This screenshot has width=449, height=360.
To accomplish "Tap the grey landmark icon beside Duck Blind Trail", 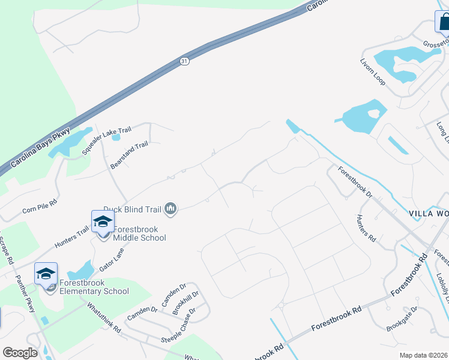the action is click(171, 209).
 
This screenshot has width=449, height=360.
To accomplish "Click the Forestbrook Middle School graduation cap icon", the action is click(103, 222).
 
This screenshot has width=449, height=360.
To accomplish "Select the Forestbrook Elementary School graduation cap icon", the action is click(46, 274).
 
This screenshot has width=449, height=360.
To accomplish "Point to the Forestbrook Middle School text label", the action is click(139, 233).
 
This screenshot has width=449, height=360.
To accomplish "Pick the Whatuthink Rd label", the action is click(104, 318).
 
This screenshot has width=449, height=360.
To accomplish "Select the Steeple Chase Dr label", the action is click(179, 328).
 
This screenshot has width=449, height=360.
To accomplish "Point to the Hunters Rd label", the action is click(366, 228).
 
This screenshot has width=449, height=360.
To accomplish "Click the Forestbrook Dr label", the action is click(355, 182).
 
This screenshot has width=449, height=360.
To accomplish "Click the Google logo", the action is click(20, 352).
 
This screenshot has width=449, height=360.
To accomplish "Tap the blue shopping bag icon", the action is click(443, 22).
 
